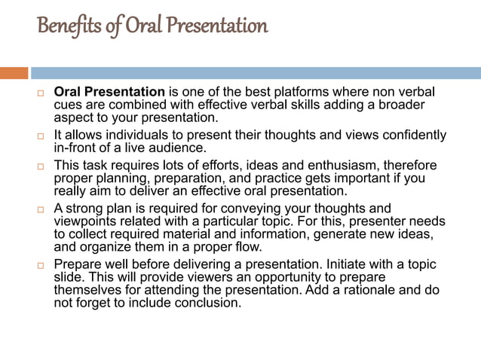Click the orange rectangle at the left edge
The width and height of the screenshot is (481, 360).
[x=14, y=73]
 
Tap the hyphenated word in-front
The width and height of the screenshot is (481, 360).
[x=78, y=148]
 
